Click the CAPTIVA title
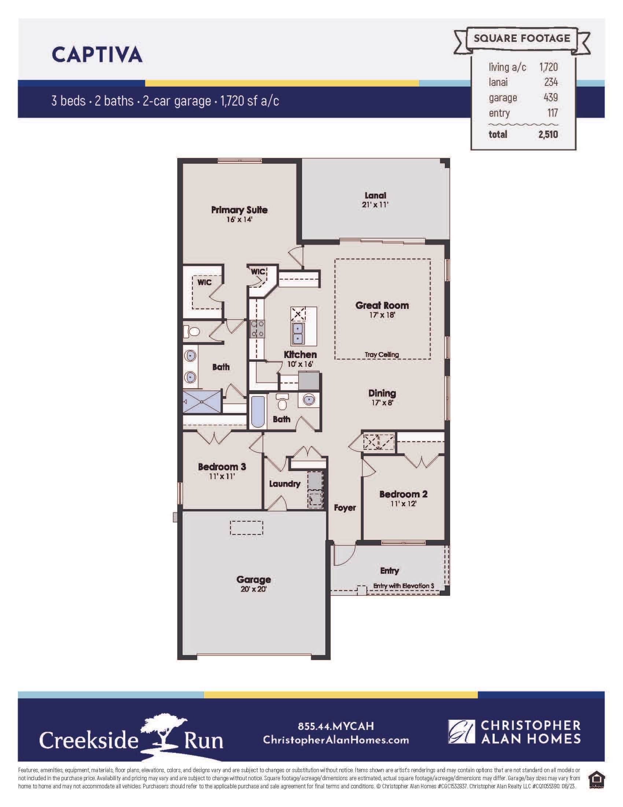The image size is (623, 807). (97, 55)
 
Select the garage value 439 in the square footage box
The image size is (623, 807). (551, 97)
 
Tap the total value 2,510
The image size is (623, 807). (548, 134)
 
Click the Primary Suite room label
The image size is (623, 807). (239, 210)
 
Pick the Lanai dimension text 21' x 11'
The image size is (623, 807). (375, 204)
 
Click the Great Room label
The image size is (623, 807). (382, 305)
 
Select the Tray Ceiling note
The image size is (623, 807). (381, 354)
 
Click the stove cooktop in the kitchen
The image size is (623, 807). (258, 329)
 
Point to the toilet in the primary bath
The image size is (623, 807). (192, 331)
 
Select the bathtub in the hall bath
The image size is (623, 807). (257, 411)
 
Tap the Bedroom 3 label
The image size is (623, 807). (222, 467)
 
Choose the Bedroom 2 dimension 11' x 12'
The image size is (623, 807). (403, 503)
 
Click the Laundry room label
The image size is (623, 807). (284, 484)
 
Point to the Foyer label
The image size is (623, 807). (345, 508)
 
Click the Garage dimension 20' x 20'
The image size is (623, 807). (254, 589)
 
